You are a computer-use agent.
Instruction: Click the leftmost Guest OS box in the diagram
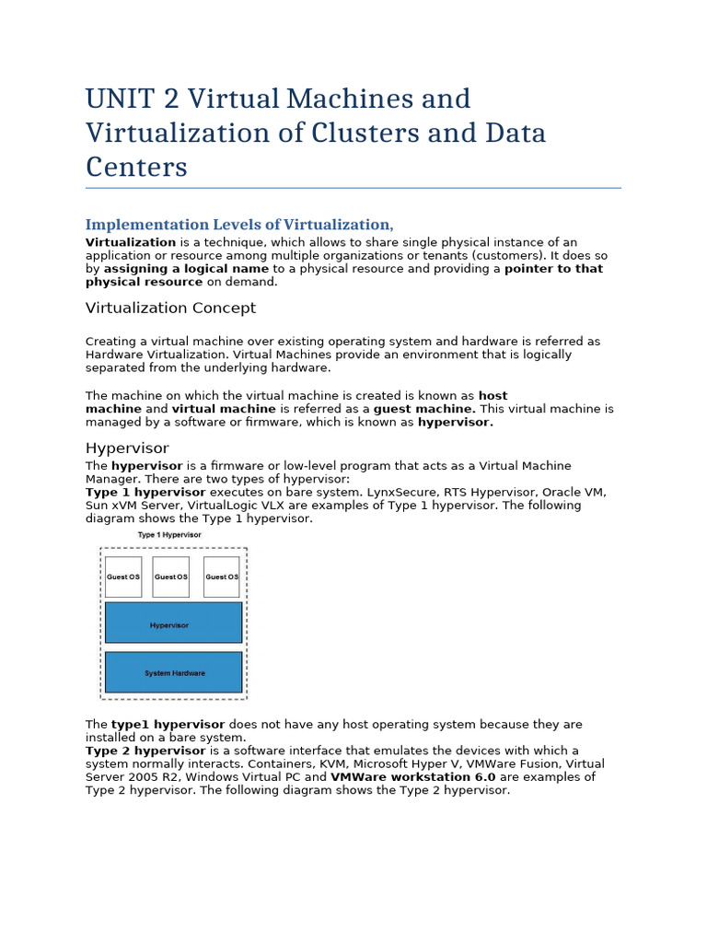pos(123,576)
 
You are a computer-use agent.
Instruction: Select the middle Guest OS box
pos(170,576)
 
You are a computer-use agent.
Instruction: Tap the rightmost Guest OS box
pos(221,576)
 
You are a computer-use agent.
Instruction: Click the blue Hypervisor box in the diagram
pos(173,623)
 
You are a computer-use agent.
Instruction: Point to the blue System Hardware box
pos(173,672)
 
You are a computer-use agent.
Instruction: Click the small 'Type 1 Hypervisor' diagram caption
pos(169,534)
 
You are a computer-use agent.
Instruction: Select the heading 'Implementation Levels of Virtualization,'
pos(239,225)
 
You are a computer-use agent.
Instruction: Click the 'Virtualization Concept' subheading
pos(170,308)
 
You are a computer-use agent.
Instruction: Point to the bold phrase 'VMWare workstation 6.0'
pos(412,776)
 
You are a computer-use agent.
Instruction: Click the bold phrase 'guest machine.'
pos(424,408)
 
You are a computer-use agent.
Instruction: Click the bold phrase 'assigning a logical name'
pos(186,269)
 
